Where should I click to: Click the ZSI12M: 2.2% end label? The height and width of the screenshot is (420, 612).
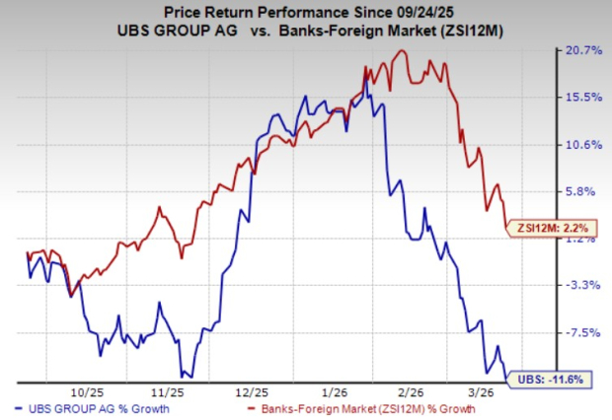(553, 231)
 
